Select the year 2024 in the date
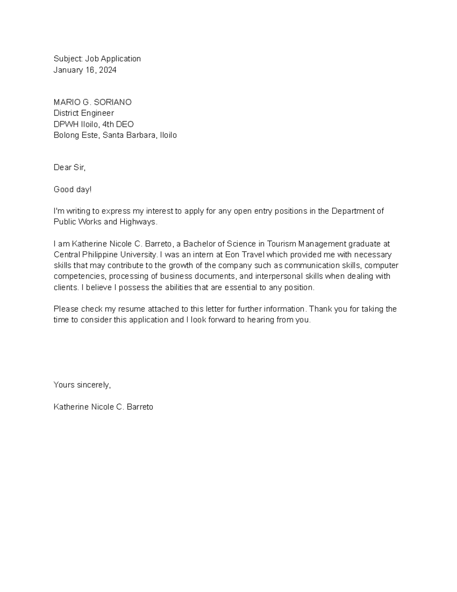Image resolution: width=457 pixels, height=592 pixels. tap(108, 70)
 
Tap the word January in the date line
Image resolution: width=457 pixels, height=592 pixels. tap(67, 70)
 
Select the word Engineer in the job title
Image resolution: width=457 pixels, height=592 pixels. tap(99, 113)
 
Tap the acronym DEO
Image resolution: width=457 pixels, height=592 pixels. tap(125, 124)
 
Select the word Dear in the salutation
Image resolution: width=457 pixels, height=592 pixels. tap(62, 168)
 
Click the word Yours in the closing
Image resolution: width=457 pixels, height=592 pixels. tap(64, 385)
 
